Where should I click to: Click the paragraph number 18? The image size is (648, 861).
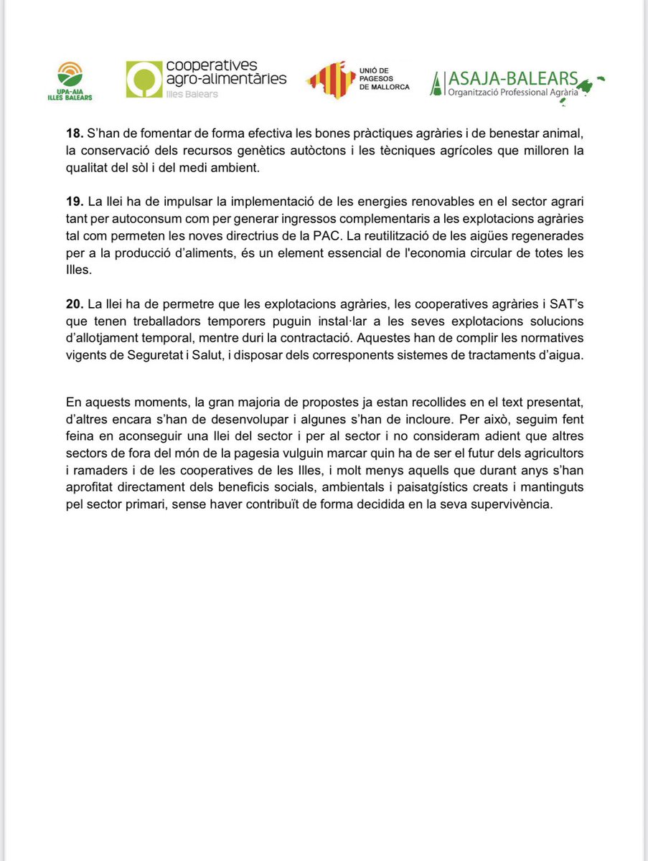(x=73, y=133)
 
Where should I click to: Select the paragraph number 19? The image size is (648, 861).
(x=73, y=200)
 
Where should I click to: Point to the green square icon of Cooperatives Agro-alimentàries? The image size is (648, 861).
(x=144, y=79)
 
